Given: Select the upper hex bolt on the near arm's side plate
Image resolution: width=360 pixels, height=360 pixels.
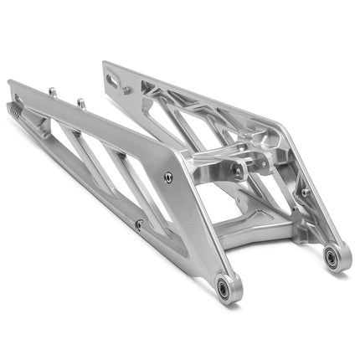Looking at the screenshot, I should [x=168, y=176].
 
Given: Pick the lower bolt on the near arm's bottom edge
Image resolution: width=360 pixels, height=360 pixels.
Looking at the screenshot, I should [x=139, y=224].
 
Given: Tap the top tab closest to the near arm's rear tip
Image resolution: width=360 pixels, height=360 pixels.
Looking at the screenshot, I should [x=51, y=92].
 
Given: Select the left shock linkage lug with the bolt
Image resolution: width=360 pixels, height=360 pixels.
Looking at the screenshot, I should [x=238, y=171].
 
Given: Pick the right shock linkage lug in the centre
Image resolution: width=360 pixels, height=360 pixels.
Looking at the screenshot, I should [x=265, y=162].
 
